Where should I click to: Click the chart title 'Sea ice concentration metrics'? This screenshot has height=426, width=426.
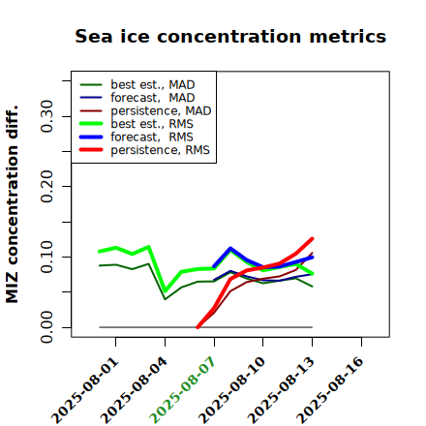[x=230, y=36]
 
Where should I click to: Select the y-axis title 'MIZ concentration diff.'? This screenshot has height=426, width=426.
[x=12, y=204]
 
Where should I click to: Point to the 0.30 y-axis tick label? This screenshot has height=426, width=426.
[x=46, y=116]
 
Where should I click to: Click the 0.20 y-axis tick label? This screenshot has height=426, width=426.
[x=46, y=187]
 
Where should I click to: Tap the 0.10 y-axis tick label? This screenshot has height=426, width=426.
[x=46, y=257]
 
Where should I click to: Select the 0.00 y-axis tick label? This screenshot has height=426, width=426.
[x=46, y=327]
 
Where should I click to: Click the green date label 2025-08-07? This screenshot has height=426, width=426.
[x=182, y=390]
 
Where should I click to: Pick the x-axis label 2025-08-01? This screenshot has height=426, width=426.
[x=84, y=390]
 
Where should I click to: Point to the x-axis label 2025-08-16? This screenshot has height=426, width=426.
[x=330, y=390]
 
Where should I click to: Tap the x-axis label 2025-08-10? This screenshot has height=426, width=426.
[x=231, y=390]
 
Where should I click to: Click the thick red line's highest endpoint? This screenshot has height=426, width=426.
[x=312, y=239]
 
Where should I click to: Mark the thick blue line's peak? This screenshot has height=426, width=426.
[x=230, y=248]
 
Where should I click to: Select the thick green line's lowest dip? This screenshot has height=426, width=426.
[x=166, y=291]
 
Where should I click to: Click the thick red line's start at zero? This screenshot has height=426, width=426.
[x=198, y=327]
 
